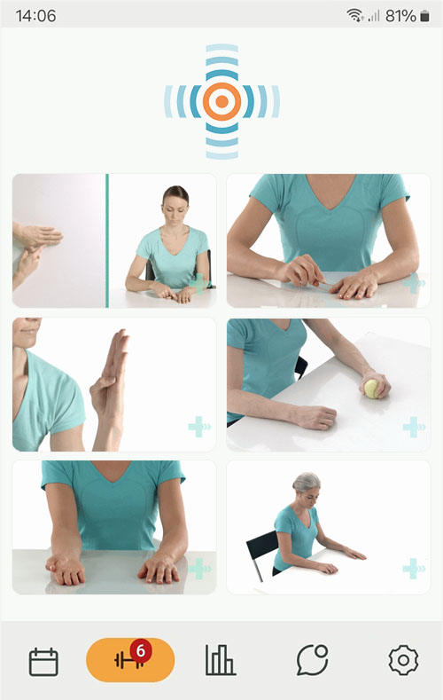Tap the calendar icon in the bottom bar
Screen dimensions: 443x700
[x=43, y=661]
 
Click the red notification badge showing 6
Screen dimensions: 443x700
[x=140, y=652]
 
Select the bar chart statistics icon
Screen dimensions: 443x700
[x=220, y=660]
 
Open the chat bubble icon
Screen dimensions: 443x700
[x=312, y=660]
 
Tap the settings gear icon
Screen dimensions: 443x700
[x=403, y=660]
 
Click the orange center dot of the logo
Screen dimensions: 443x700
[x=221, y=101]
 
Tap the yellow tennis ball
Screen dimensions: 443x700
[x=371, y=389]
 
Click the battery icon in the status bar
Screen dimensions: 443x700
[x=424, y=16]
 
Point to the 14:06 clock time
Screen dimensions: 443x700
[x=35, y=16]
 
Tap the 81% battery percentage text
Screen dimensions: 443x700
[x=400, y=16]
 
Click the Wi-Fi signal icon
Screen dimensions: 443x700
[x=354, y=16]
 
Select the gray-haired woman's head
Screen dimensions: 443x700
[x=307, y=489]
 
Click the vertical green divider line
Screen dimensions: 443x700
[x=107, y=240]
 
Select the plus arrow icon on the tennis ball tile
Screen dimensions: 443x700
[x=414, y=428]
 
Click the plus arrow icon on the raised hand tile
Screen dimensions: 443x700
[x=199, y=428]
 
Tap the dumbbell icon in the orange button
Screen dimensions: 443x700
[x=128, y=661]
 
